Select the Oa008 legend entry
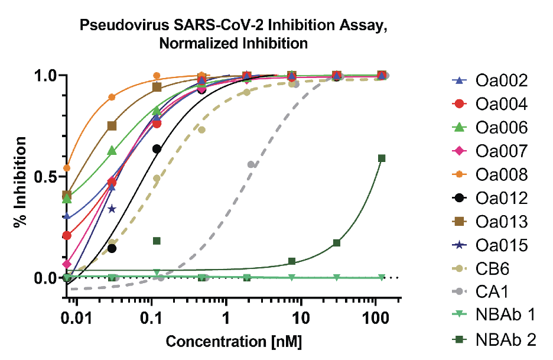pos(500,175)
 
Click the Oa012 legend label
pos(500,198)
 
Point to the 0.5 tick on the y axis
pos(49,177)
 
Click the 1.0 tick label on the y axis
pos(49,76)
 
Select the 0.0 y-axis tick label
pos(49,278)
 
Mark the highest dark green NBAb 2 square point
pos(382,158)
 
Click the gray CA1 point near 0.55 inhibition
pos(251,164)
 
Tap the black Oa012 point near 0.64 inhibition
pos(157,149)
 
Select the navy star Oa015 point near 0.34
pos(112,209)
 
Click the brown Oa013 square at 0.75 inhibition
pos(112,126)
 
